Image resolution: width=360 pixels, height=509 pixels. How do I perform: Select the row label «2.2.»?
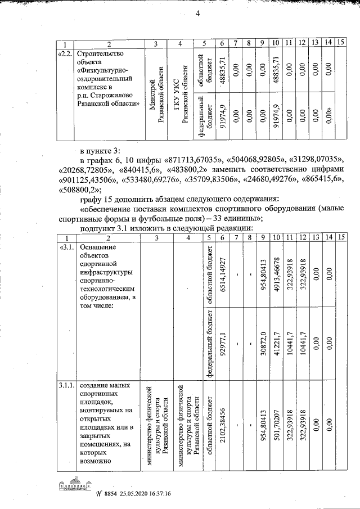65,54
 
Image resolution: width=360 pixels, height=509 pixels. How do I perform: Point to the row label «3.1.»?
66,248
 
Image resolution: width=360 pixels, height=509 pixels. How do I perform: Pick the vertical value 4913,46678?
276,273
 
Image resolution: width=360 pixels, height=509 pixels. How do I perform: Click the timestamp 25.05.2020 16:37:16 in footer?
138,494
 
